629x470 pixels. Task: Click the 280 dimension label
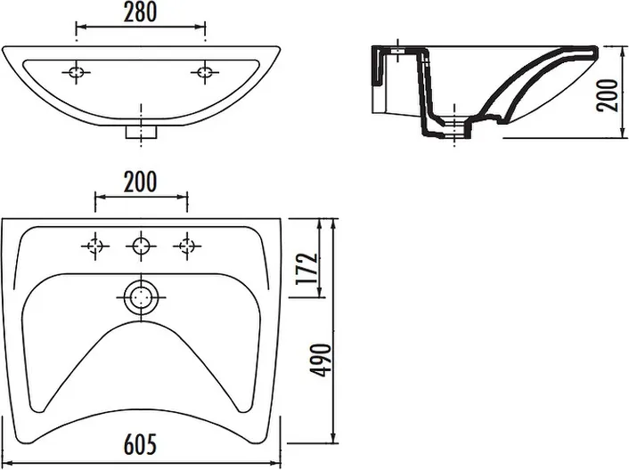click(140, 12)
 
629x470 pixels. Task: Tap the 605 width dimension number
click(140, 444)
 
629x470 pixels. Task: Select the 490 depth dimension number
click(321, 360)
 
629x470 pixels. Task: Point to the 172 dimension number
click(307, 269)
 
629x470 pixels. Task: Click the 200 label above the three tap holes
click(140, 182)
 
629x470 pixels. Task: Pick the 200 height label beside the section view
click(607, 95)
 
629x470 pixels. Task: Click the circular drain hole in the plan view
click(141, 297)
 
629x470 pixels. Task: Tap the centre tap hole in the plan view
click(141, 246)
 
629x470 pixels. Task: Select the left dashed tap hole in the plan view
click(95, 246)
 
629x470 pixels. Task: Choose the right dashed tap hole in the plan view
click(187, 246)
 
